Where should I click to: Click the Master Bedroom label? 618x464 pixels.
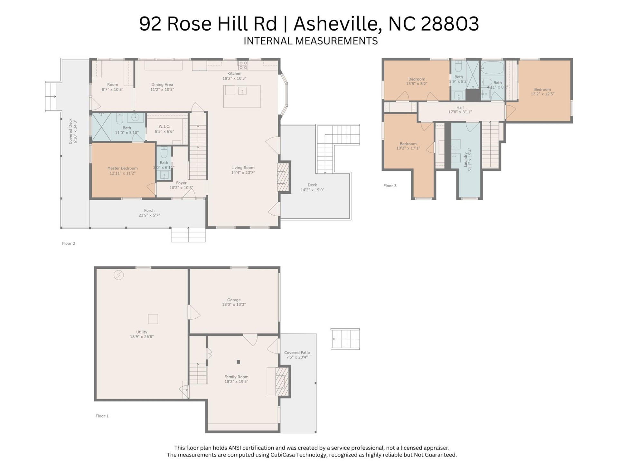[x=122, y=168]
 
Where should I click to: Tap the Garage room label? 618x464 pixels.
[x=234, y=300]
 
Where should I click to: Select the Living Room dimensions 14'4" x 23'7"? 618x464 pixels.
[x=243, y=172]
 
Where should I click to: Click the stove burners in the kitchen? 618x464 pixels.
[x=243, y=65]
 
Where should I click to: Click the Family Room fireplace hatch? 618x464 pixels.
[x=281, y=382]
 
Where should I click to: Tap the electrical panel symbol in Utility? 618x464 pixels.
[x=119, y=275]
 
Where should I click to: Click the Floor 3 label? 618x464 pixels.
[x=390, y=186]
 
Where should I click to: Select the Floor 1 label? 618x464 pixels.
[x=102, y=416]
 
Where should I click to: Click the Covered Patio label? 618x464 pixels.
[x=297, y=353]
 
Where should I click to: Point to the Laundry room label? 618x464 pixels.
[x=465, y=159]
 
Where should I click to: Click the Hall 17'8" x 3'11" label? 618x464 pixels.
[x=460, y=110]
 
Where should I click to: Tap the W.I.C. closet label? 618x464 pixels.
[x=164, y=127]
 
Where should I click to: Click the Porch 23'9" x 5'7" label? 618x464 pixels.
[x=149, y=213]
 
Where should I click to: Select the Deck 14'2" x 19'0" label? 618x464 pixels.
[x=312, y=187]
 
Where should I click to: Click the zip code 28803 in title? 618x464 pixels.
[x=450, y=24]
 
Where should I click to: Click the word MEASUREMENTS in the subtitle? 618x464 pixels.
[x=336, y=41]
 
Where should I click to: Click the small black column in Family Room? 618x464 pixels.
[x=239, y=362]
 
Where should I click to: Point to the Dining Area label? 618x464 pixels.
[x=162, y=84]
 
